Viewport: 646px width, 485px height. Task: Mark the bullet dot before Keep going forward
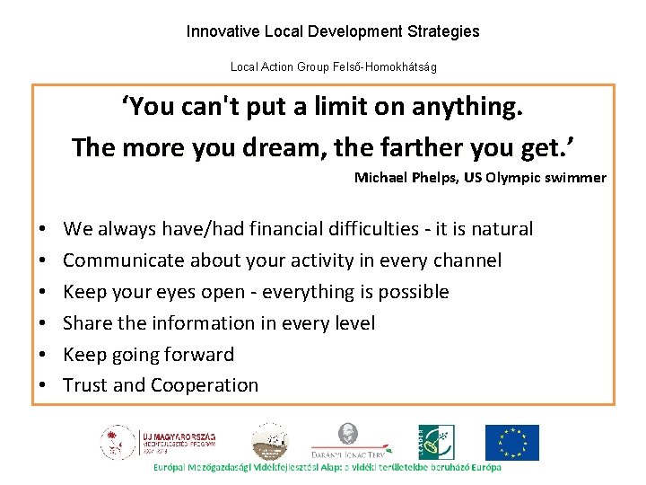(x=43, y=356)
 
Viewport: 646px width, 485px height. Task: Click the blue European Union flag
(x=512, y=443)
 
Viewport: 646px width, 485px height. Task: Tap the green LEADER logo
(x=436, y=443)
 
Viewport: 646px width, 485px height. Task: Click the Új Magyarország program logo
(x=158, y=443)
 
